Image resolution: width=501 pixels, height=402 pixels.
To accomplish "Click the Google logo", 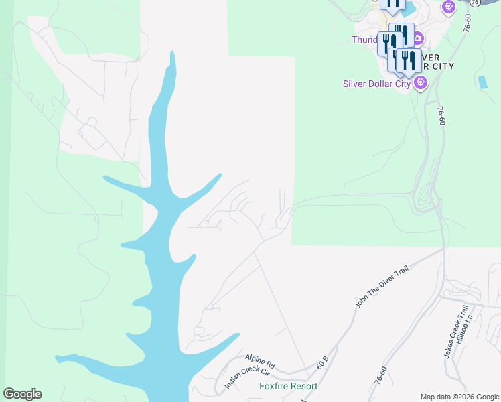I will click(x=22, y=394).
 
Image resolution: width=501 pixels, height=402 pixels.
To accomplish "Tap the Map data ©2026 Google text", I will click(x=459, y=397).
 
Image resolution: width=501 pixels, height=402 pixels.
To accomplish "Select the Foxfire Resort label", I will click(x=288, y=386).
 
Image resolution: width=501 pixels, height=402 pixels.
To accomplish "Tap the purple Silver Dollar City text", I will click(x=376, y=84).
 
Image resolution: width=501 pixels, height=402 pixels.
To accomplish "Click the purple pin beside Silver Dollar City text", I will click(x=421, y=84).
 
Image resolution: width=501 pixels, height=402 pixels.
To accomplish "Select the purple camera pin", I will click(x=418, y=39).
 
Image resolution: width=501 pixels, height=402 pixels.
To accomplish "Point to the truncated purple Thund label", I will click(x=364, y=40).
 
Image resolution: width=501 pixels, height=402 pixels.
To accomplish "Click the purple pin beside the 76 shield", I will click(x=449, y=7).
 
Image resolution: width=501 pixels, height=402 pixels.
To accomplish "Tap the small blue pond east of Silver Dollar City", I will click(x=482, y=82).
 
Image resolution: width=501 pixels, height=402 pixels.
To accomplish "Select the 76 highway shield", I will click(x=475, y=3).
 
